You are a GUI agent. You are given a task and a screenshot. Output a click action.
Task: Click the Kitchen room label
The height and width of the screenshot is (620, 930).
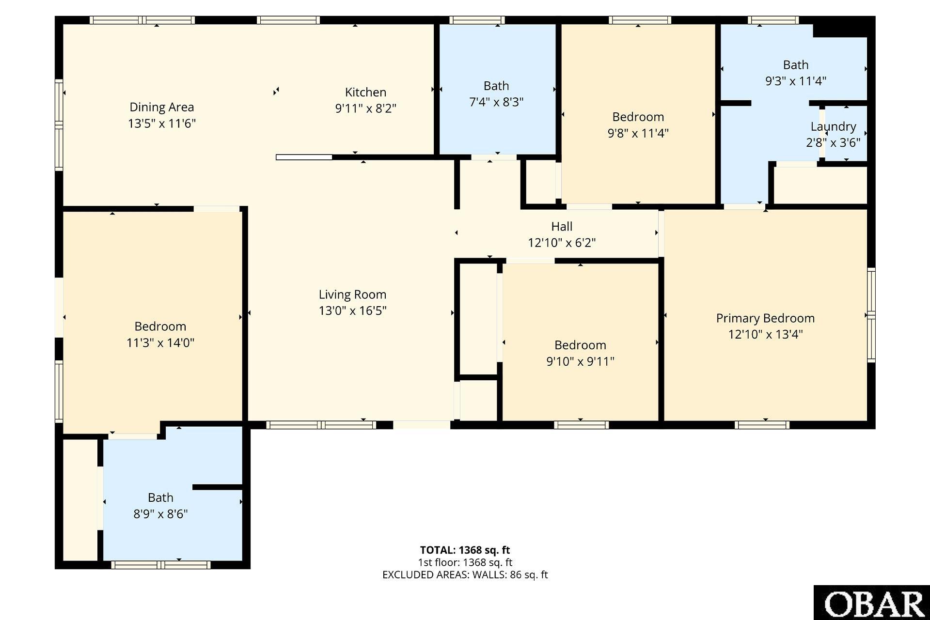365,92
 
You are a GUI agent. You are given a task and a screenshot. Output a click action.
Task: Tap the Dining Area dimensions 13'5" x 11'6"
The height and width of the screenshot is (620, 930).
161,123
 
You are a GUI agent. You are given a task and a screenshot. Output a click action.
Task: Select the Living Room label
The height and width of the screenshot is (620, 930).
352,294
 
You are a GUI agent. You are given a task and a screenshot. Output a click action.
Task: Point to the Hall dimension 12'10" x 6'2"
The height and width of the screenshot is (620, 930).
562,242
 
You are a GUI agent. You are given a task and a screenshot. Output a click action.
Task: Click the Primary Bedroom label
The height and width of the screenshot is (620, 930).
765,318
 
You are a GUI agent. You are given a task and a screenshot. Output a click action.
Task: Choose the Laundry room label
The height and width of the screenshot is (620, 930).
833,127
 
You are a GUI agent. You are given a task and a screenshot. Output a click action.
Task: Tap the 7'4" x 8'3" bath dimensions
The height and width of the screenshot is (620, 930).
496,102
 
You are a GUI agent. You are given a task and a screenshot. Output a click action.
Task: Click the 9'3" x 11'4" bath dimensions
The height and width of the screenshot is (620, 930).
795,81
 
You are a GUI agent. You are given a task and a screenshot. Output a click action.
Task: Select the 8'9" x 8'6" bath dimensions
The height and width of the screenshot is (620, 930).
160,513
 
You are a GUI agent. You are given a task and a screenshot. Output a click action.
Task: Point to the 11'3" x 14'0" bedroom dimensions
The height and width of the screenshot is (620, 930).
160,342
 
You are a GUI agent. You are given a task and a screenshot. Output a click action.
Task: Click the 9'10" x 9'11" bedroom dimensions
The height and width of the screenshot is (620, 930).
580,361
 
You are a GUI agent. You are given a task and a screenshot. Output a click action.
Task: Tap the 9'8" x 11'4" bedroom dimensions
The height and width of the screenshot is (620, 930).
638,133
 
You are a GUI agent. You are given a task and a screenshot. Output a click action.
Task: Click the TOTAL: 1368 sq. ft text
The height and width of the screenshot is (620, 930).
465,550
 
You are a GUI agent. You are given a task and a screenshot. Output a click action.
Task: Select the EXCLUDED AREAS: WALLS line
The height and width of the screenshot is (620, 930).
465,574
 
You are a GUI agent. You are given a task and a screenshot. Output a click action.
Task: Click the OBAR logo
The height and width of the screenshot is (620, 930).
872,603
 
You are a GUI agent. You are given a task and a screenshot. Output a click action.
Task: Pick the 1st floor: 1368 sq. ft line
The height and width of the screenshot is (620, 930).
465,562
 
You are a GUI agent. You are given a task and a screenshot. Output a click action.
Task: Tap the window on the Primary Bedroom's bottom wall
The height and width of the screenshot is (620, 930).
762,425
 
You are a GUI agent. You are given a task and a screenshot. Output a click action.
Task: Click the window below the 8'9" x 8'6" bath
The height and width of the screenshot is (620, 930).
160,564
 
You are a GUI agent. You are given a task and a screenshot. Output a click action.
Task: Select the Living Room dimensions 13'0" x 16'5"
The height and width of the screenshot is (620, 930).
352,310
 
